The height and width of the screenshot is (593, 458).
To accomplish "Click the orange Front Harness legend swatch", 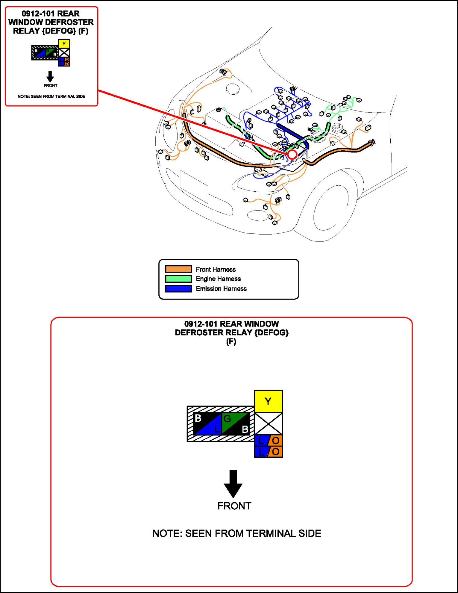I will tap(178, 269).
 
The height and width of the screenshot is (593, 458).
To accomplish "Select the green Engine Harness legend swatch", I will tap(178, 279).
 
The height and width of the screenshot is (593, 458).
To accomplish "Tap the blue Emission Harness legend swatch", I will tap(178, 289).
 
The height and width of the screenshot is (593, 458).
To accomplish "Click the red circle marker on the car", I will tap(292, 155).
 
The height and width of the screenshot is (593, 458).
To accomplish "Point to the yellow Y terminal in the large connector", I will tap(268, 401).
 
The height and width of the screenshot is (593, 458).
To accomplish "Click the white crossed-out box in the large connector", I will tap(268, 423).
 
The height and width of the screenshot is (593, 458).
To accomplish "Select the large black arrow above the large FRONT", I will tap(233, 483).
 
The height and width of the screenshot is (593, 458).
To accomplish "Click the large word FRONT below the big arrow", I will tap(234, 506).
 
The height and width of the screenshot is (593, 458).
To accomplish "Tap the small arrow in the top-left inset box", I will tap(50, 76).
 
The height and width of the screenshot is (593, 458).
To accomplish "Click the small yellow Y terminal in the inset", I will tap(64, 44).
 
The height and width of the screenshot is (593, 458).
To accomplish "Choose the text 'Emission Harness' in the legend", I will tap(221, 289).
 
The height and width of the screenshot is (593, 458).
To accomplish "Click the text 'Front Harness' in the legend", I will tap(216, 269).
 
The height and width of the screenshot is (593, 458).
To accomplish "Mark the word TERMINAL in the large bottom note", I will tap(271, 533).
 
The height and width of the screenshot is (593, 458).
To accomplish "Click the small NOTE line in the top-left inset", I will tap(51, 96).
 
